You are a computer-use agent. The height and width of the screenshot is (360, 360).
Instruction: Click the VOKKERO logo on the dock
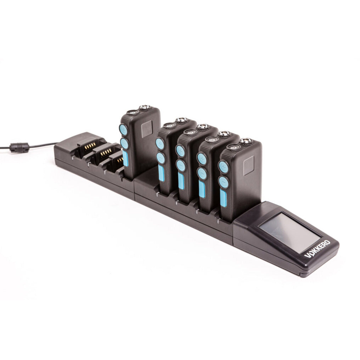tap(317, 249)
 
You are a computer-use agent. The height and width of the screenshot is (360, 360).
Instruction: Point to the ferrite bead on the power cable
tap(19, 147)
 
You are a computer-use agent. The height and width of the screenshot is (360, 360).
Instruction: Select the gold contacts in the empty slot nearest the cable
tap(90, 145)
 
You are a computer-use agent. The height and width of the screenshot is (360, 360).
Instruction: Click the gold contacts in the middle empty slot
tap(106, 153)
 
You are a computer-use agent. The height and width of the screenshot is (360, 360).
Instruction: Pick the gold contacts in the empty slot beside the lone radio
tap(120, 160)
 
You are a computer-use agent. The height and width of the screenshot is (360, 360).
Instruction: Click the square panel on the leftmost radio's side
tap(147, 129)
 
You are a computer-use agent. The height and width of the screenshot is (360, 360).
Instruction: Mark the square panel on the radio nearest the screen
tap(248, 165)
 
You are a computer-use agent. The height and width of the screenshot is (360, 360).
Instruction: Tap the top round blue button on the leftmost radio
tap(123, 130)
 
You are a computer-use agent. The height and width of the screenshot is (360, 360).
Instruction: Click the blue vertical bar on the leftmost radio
tap(125, 158)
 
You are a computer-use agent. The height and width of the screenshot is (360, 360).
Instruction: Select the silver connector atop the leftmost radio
tap(145, 107)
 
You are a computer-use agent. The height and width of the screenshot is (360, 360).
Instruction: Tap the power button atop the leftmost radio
tap(133, 112)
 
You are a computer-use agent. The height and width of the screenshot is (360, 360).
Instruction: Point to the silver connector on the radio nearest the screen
tap(245, 141)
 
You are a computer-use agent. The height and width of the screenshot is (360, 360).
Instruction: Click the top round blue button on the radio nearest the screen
tap(223, 167)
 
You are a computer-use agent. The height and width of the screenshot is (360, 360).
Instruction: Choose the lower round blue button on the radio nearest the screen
tap(224, 182)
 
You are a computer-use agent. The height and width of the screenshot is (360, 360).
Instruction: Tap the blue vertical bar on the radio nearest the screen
tap(223, 198)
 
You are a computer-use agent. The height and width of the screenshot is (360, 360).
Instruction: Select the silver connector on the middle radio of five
tap(203, 126)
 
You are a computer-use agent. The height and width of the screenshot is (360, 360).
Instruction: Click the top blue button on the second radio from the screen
tap(202, 159)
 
